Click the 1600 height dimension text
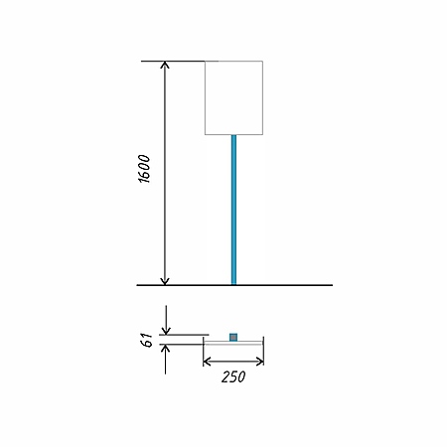144,169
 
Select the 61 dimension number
146,340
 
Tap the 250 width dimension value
233,376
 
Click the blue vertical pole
233,210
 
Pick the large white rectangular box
233,98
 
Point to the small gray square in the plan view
233,338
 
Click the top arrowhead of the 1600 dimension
165,65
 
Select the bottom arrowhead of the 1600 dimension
165,281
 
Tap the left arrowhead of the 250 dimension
207,362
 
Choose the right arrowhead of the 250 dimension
260,362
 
